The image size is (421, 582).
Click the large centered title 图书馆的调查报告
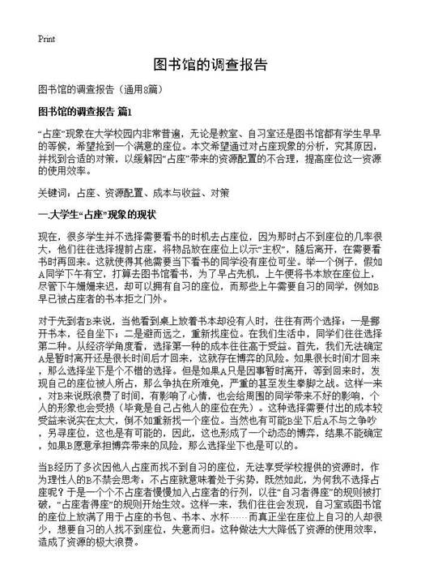coord(210,64)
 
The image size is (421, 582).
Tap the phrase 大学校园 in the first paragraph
coord(130,130)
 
